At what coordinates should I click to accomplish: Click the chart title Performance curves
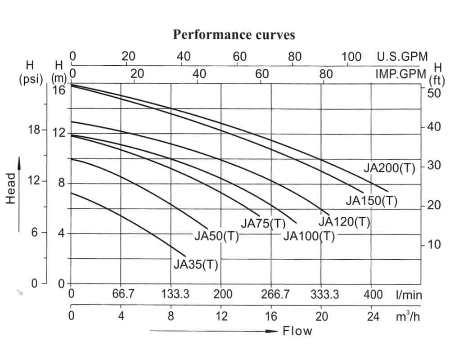click(234, 35)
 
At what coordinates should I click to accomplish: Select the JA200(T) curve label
click(389, 168)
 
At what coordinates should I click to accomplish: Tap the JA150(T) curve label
click(372, 200)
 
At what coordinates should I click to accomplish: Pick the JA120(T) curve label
click(344, 222)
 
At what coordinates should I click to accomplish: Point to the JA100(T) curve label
click(309, 236)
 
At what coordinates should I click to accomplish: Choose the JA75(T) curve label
click(263, 223)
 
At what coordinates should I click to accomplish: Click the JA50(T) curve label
click(217, 236)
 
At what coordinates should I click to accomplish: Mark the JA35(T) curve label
click(196, 265)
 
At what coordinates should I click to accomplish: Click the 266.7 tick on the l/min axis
click(275, 294)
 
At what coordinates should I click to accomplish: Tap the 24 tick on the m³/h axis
click(373, 316)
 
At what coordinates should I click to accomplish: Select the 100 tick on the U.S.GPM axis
click(351, 57)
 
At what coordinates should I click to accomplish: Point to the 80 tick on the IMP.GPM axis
click(326, 74)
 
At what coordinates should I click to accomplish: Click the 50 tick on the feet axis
click(434, 93)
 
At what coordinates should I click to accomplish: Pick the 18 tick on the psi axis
click(35, 130)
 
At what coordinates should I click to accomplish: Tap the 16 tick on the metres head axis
click(59, 90)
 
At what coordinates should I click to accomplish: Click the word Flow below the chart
click(297, 331)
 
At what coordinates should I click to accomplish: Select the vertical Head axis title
click(11, 189)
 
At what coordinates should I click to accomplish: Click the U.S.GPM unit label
click(402, 57)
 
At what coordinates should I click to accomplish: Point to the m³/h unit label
click(408, 316)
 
